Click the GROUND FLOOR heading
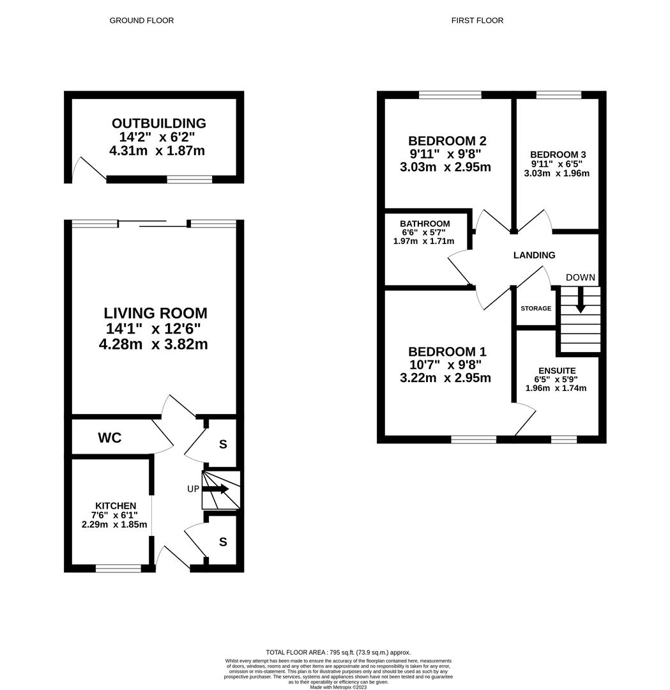pyautogui.click(x=141, y=20)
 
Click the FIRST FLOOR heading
pyautogui.click(x=477, y=20)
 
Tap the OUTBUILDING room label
pyautogui.click(x=159, y=123)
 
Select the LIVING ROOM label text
pyautogui.click(x=156, y=313)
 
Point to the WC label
pyautogui.click(x=109, y=438)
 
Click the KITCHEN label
pyautogui.click(x=116, y=505)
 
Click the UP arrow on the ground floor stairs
pyautogui.click(x=217, y=489)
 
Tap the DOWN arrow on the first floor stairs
pyautogui.click(x=580, y=300)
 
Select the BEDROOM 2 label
pyautogui.click(x=443, y=141)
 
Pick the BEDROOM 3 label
pyautogui.click(x=558, y=155)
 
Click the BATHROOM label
pyautogui.click(x=425, y=224)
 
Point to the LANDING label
pyautogui.click(x=534, y=255)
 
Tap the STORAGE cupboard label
pyautogui.click(x=535, y=309)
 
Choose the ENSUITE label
pyautogui.click(x=557, y=371)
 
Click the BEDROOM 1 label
pyautogui.click(x=447, y=351)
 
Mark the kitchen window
pyautogui.click(x=118, y=568)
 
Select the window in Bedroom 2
pyautogui.click(x=450, y=95)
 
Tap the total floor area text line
pyautogui.click(x=338, y=652)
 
